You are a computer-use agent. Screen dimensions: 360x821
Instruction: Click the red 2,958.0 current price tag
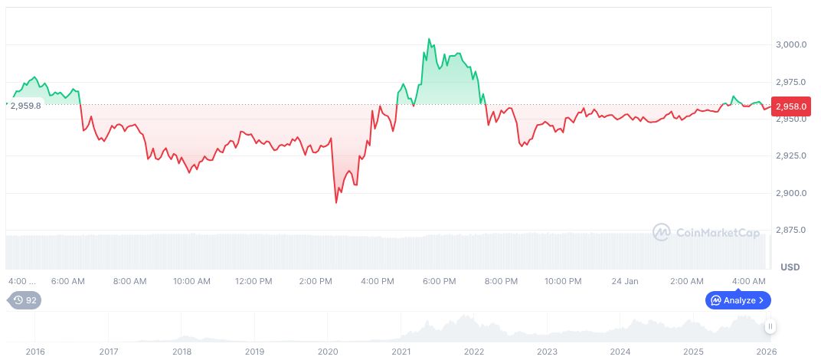click(793, 106)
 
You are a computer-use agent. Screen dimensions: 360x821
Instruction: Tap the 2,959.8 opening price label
click(25, 106)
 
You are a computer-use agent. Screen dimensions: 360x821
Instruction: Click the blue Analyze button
click(738, 300)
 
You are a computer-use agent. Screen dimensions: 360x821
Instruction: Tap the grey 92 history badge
click(25, 300)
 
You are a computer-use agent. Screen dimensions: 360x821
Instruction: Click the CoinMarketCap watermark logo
click(706, 231)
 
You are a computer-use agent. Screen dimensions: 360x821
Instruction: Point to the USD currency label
click(790, 267)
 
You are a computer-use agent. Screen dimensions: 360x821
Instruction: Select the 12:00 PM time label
click(253, 282)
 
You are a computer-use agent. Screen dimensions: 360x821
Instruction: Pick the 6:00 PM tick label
click(440, 282)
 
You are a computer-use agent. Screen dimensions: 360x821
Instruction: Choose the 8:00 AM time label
click(129, 282)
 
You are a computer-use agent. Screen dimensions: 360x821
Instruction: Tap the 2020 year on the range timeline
click(328, 352)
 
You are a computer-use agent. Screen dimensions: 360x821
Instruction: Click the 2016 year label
click(35, 352)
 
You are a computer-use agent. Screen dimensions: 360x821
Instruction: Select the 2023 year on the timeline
click(547, 352)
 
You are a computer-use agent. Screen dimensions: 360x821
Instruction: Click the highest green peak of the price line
click(429, 39)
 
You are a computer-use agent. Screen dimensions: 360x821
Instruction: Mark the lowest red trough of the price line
click(336, 203)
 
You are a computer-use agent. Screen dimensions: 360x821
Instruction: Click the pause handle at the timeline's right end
click(770, 326)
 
